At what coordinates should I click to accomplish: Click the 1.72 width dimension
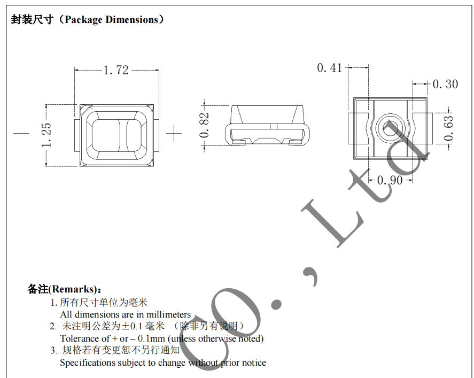tap(115, 70)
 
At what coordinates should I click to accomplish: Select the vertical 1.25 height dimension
tap(46, 135)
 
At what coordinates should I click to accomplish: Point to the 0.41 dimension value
tap(329, 68)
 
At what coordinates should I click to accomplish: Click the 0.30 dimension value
tap(445, 84)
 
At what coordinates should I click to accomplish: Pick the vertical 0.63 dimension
tap(448, 128)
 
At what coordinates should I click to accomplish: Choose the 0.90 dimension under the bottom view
tap(390, 180)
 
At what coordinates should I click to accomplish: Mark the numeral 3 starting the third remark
tap(53, 351)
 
